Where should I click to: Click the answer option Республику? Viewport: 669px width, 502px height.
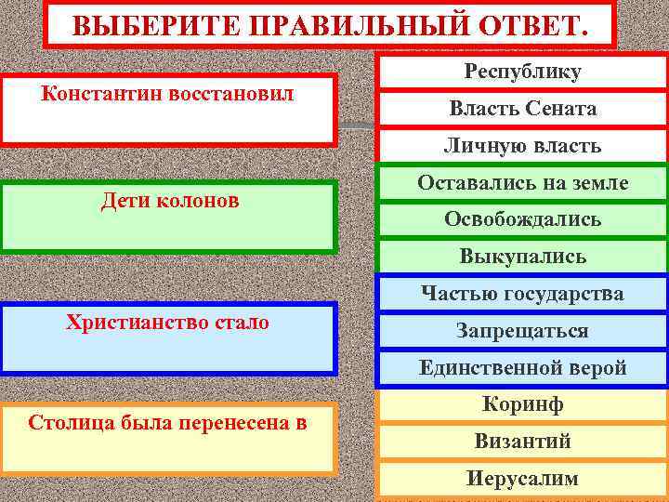click(522, 73)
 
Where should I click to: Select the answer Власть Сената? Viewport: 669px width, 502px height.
click(522, 110)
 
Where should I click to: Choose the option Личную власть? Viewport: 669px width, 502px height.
click(522, 146)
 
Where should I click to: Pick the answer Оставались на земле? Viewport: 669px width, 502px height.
click(522, 183)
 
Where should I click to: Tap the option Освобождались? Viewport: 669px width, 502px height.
click(522, 219)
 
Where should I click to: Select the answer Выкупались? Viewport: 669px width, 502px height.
click(522, 256)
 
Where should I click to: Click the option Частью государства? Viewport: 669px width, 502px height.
click(522, 294)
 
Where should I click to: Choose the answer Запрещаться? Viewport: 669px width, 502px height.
click(522, 331)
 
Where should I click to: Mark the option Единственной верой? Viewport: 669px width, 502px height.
click(522, 367)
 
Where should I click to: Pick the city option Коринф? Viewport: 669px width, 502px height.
click(522, 404)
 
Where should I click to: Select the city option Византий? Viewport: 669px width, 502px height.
click(522, 442)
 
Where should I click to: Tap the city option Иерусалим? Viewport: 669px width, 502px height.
click(522, 479)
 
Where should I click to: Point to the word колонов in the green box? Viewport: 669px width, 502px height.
click(200, 201)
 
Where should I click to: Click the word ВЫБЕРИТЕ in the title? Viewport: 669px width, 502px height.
click(129, 25)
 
